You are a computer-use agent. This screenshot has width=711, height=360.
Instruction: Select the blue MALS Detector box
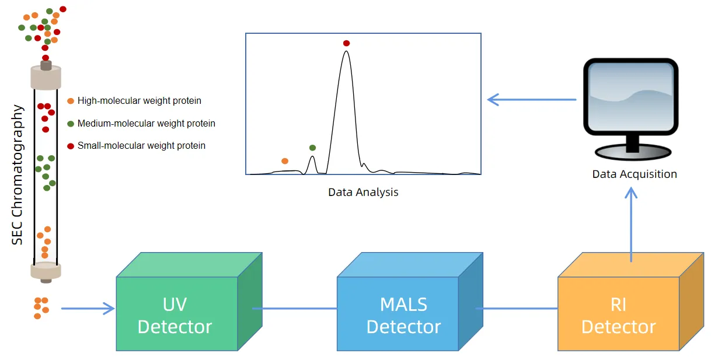(x=403, y=315)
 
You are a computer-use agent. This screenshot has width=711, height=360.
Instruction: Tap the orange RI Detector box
(x=619, y=315)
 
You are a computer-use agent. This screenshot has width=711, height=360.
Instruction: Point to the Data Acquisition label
(x=635, y=174)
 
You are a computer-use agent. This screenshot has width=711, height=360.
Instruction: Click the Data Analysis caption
(x=363, y=192)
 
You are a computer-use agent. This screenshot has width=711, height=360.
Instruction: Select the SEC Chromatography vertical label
(x=18, y=174)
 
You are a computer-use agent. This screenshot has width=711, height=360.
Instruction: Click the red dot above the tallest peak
(x=346, y=43)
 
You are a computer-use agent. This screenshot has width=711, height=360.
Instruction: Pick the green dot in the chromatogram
(x=312, y=148)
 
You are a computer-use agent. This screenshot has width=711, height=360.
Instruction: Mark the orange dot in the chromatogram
(x=285, y=161)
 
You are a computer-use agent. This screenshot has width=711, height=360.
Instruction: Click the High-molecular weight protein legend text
(x=139, y=101)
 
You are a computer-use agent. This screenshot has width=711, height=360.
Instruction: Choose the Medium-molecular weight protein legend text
(x=146, y=124)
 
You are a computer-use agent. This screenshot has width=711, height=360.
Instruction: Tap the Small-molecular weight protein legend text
(x=141, y=146)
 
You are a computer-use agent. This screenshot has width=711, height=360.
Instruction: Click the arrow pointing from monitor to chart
(x=531, y=100)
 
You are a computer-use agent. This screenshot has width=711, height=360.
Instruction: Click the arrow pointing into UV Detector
(x=88, y=309)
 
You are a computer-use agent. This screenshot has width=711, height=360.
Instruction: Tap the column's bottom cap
(x=46, y=271)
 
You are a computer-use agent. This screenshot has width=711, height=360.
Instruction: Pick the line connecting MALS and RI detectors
(x=517, y=309)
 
